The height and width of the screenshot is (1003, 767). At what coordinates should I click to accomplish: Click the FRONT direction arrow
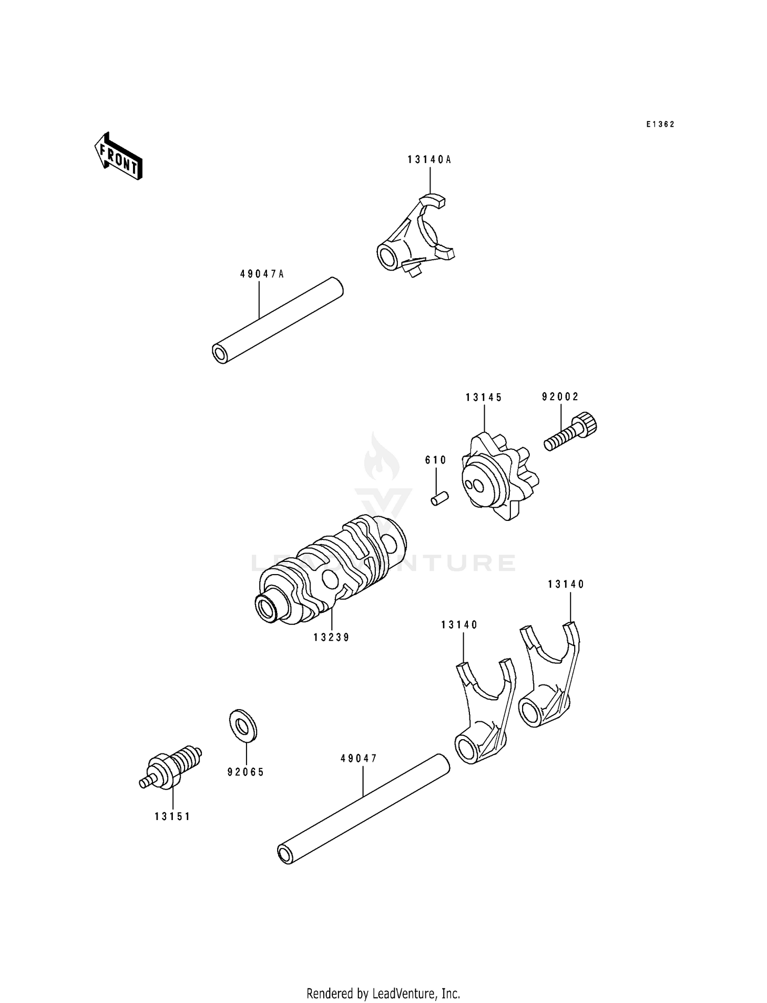pyautogui.click(x=118, y=156)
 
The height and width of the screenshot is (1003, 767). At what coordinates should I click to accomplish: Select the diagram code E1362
pyautogui.click(x=660, y=124)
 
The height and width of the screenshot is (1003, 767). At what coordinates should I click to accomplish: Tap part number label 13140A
pyautogui.click(x=430, y=159)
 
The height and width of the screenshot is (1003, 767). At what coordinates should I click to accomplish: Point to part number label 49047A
pyautogui.click(x=262, y=274)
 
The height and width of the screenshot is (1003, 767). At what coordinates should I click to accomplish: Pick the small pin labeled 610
pyautogui.click(x=439, y=498)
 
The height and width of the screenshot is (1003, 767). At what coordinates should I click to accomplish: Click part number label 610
pyautogui.click(x=436, y=460)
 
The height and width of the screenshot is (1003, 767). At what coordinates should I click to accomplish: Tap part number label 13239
pyautogui.click(x=331, y=637)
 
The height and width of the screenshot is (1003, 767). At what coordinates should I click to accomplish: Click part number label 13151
pyautogui.click(x=172, y=816)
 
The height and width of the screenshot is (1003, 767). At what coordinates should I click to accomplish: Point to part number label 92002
pyautogui.click(x=560, y=397)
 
